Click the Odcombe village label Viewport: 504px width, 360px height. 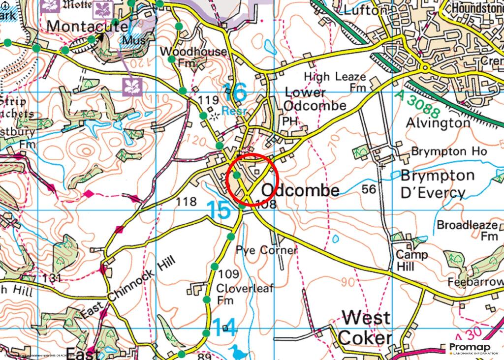pyautogui.click(x=300, y=191)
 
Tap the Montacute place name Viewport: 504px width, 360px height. pyautogui.click(x=88, y=26)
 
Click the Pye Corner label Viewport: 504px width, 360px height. pyautogui.click(x=266, y=250)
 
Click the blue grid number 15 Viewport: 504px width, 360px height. pyautogui.click(x=218, y=210)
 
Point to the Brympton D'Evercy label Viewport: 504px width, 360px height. pyautogui.click(x=431, y=183)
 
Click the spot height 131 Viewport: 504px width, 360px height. pyautogui.click(x=52, y=278)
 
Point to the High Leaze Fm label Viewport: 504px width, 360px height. pyautogui.click(x=335, y=82)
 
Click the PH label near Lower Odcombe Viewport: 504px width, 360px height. pyautogui.click(x=288, y=120)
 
